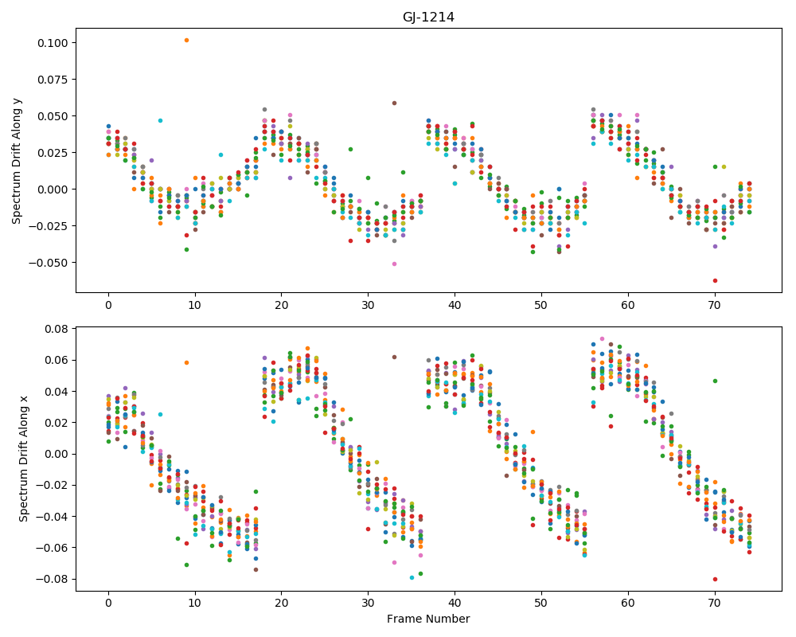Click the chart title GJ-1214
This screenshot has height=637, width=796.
pos(428,18)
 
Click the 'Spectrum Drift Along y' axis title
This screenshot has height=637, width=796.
pos(17,159)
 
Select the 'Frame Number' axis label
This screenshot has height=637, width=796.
pos(428,619)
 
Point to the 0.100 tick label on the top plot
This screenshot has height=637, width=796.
pos(53,43)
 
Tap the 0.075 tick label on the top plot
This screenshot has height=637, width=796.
pos(53,80)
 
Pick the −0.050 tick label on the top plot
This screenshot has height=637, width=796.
pos(49,263)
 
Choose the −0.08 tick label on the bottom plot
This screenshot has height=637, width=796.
pos(53,579)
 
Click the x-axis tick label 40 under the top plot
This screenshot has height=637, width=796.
pos(455,305)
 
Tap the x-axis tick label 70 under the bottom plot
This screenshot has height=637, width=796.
pos(715,604)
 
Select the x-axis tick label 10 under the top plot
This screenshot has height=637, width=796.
pos(195,305)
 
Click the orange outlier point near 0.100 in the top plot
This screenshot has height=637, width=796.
pos(186,40)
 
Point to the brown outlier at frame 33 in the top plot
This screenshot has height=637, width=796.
pos(394,104)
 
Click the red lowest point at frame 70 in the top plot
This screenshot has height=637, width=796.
pos(715,281)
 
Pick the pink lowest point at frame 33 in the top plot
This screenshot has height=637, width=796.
pos(394,264)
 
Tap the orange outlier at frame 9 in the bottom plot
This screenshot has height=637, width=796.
pos(186,363)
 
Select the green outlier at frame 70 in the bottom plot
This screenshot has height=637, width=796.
pos(715,381)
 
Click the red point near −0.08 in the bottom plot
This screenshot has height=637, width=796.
pos(715,579)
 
